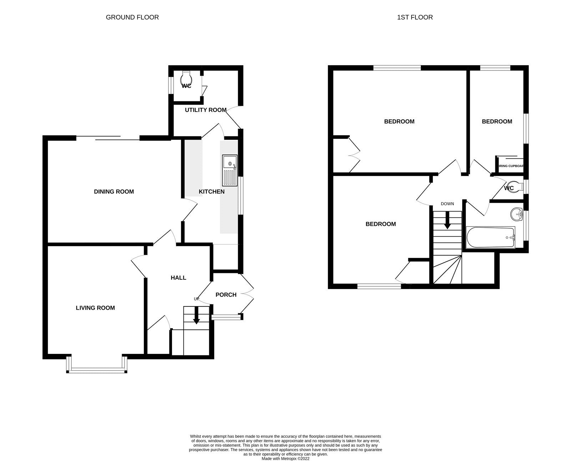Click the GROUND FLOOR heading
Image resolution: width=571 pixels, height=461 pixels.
click(132, 17)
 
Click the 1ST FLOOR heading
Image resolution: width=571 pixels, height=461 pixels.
click(415, 17)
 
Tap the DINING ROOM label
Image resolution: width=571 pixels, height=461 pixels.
click(114, 192)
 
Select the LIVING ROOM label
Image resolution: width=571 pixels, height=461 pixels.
click(95, 308)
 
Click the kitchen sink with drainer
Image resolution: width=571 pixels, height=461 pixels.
click(229, 170)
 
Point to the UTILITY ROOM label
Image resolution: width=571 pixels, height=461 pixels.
click(206, 110)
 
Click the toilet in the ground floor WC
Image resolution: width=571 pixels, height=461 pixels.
click(186, 78)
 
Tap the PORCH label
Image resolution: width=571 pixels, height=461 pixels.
click(226, 295)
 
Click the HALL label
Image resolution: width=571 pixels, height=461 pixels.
click(178, 278)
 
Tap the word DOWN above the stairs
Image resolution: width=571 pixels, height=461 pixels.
click(447, 204)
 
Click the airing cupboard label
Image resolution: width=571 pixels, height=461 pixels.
click(511, 166)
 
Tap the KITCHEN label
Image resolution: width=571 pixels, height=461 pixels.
click(212, 192)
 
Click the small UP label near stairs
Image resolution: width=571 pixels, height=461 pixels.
click(196, 299)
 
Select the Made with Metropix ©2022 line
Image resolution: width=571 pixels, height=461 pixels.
click(285, 459)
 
